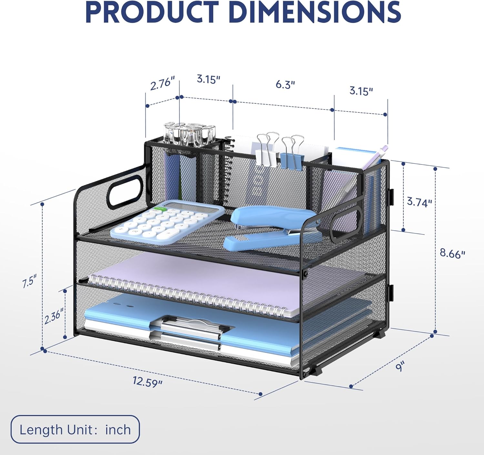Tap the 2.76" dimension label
click(x=163, y=83)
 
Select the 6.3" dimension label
click(x=285, y=85)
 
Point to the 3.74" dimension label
click(x=419, y=202)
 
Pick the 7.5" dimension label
click(x=30, y=281)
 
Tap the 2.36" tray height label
click(x=54, y=316)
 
